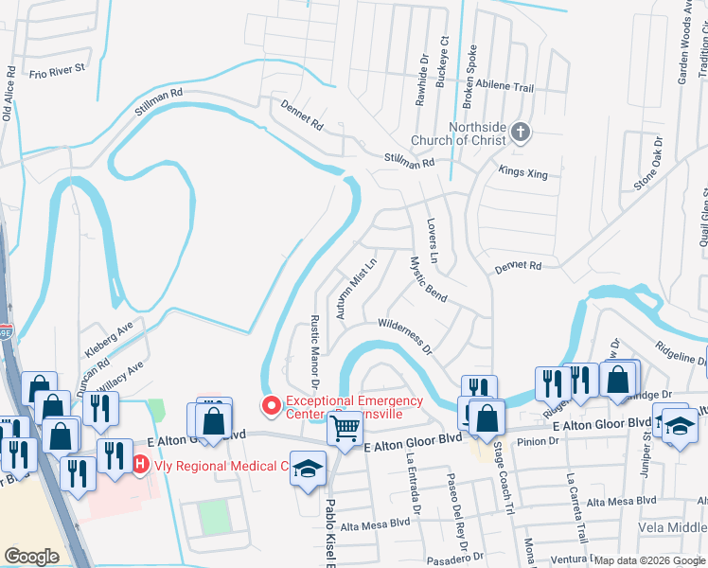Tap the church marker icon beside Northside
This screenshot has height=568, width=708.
tap(521, 133)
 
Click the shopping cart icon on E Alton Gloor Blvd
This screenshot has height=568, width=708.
tap(344, 429)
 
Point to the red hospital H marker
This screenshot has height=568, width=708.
tap(140, 464)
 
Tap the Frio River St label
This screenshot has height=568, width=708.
tap(57, 70)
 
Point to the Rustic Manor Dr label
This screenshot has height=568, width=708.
tap(315, 340)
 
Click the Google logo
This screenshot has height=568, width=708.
tap(31, 557)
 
